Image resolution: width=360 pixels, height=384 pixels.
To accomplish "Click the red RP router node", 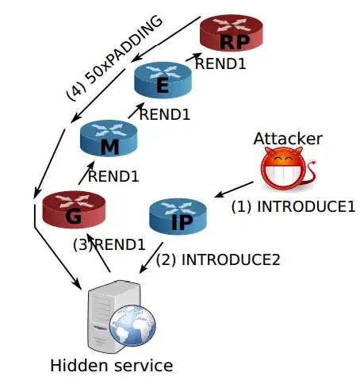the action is pos(232,33).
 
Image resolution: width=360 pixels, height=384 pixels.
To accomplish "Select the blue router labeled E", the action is pos(163,80).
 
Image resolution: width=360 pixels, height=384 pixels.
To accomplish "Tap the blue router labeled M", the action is pos(109,138).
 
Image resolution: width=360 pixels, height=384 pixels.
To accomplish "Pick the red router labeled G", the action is pos(74,209).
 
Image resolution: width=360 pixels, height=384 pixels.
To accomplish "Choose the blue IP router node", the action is pos(178,217).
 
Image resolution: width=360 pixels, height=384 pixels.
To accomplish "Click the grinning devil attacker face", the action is pos(283,168).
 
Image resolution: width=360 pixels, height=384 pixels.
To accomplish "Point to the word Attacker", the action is pos(288,139).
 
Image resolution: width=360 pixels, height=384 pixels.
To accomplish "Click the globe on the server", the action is pos(132,325).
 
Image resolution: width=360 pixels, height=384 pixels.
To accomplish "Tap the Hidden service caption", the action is pos(112,366).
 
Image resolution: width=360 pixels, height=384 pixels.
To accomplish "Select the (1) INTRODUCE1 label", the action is pos(293,206).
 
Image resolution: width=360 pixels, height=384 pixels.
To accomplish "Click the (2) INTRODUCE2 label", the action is pos(218,259).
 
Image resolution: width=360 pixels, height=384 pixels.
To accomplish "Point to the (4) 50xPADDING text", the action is pos(114,58).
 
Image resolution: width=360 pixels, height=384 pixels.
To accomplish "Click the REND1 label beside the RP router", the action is pos(220,63).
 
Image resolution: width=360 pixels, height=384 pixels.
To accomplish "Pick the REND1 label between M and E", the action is pos(165,114).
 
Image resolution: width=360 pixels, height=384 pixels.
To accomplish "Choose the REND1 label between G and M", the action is pos(113,176).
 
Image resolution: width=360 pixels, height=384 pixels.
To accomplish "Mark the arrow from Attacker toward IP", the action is pos(234,190).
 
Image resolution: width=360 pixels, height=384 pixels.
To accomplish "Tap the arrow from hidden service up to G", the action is pos(98,252).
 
